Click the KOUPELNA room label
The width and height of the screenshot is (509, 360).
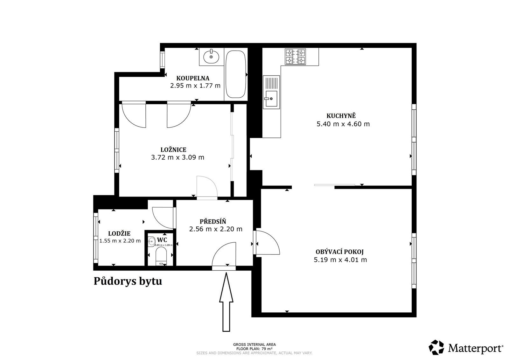click(x=193, y=78)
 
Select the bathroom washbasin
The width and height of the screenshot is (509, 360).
click(x=211, y=57)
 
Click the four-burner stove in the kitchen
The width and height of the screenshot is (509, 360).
click(x=295, y=57)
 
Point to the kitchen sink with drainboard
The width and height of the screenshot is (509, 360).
click(x=271, y=93)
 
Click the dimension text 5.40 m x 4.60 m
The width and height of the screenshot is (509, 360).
click(x=343, y=124)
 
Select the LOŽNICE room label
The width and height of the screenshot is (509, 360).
click(x=173, y=149)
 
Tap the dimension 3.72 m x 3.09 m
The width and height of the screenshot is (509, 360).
click(x=178, y=157)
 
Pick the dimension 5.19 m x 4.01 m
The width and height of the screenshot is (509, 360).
click(x=340, y=260)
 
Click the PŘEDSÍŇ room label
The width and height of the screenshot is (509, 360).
click(x=213, y=221)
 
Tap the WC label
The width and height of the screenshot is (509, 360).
click(x=162, y=239)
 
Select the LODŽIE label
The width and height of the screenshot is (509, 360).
click(x=119, y=233)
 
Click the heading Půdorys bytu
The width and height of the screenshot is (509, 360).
click(x=128, y=281)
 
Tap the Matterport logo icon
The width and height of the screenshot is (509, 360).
click(x=437, y=347)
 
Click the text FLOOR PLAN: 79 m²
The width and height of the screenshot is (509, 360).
click(x=254, y=349)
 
